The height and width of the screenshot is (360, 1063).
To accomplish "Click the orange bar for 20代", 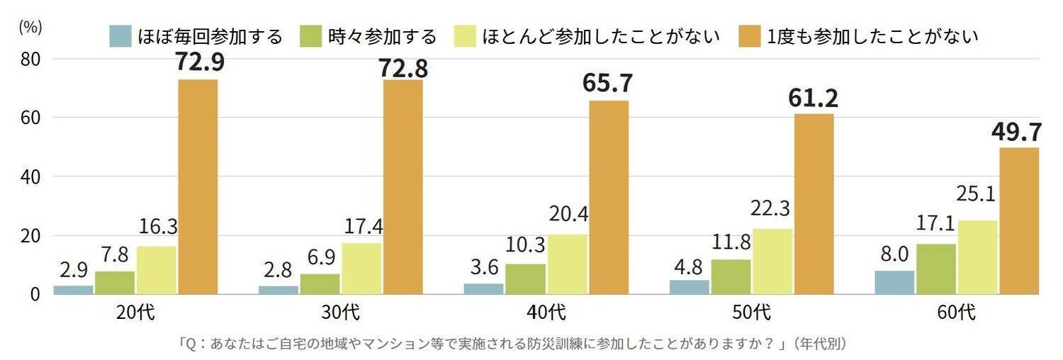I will coord(198,186).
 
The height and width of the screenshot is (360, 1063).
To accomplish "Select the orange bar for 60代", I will coord(1019,220).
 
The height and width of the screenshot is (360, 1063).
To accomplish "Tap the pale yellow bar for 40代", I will coord(568,264).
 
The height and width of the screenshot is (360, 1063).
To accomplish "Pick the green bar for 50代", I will coord(731,276).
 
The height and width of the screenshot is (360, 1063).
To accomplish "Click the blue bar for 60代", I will coord(895,282).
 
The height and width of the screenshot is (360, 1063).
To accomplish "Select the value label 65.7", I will coord(608,84).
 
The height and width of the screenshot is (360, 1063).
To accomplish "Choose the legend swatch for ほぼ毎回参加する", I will coord(121,36).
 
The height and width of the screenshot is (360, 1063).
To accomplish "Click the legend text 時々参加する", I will coord(383,36).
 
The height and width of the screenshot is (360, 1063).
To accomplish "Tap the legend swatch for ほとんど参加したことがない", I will coord(463,36).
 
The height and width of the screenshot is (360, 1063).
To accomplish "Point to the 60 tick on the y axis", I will coord(29,118).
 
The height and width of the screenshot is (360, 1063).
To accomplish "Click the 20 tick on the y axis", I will coord(29,235).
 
